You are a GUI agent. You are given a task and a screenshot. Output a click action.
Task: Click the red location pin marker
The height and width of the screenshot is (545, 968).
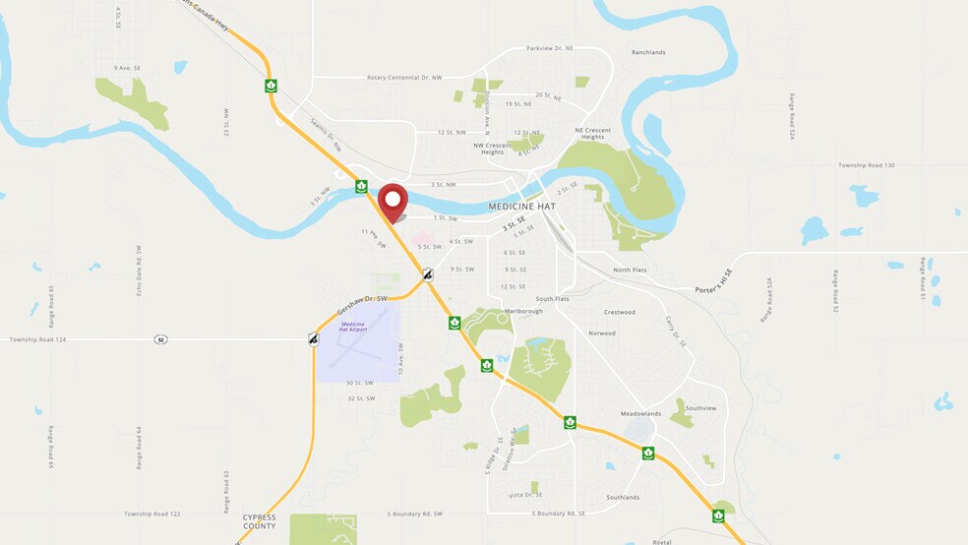(393, 202)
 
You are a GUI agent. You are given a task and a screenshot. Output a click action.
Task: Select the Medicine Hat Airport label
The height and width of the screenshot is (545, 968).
(353, 327)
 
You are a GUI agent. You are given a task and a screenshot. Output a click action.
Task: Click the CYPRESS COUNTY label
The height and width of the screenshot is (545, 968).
(260, 521)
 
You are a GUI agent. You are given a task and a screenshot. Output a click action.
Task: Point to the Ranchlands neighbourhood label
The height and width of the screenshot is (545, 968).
(648, 52)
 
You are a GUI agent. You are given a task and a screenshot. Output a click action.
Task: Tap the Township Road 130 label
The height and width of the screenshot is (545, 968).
(866, 165)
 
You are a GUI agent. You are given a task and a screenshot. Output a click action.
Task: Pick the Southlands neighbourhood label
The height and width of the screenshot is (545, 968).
(623, 497)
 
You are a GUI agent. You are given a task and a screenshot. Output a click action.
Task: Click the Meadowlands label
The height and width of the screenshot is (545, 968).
(640, 413)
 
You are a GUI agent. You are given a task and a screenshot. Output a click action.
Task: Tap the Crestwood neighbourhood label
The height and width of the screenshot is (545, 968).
(620, 312)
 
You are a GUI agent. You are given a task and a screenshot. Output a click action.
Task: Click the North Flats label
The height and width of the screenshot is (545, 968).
(630, 270)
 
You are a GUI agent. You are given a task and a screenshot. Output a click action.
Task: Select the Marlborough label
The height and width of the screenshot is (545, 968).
(523, 311)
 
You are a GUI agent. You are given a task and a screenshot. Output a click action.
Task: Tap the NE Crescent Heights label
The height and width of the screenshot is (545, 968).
(592, 133)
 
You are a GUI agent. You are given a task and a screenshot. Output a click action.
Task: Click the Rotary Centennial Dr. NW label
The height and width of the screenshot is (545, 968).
(404, 77)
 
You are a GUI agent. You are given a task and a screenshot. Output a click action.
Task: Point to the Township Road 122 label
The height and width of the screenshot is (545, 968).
(152, 514)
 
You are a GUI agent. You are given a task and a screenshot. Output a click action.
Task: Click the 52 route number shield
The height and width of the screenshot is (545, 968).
(159, 339)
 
